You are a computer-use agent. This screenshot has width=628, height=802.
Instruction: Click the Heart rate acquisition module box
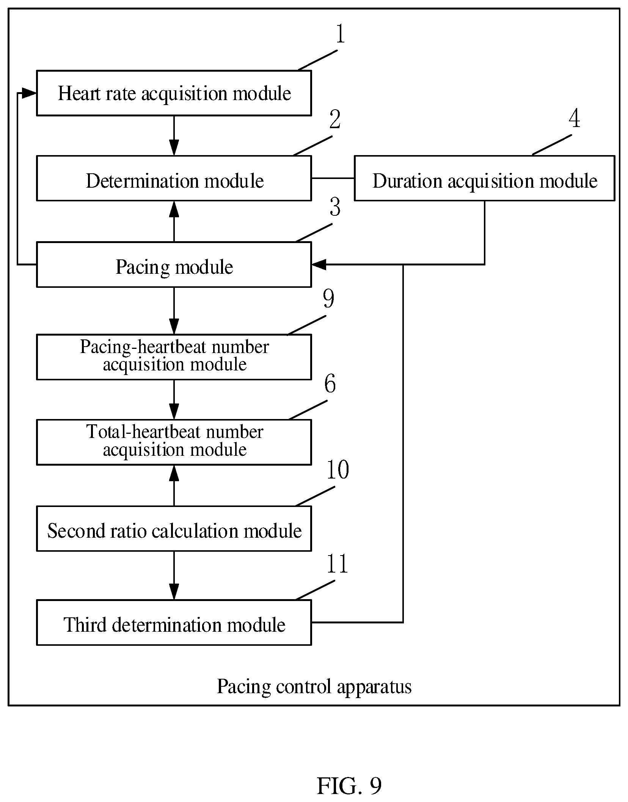(x=174, y=93)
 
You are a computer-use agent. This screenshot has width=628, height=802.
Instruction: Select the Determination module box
(x=174, y=178)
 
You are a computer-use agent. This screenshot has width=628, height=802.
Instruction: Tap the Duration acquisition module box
(x=484, y=178)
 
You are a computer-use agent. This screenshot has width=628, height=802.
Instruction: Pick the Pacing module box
(x=174, y=264)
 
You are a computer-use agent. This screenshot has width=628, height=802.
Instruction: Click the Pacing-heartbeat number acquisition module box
(x=174, y=357)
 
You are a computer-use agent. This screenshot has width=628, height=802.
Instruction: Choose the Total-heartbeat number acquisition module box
(x=174, y=442)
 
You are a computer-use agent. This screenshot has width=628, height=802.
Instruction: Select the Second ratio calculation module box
(x=174, y=528)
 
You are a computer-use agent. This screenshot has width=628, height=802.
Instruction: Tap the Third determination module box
(x=174, y=622)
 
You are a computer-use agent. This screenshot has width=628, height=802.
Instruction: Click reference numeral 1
(x=340, y=33)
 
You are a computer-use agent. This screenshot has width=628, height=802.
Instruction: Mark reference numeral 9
(x=328, y=298)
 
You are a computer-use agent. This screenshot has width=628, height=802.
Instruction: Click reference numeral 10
(x=338, y=469)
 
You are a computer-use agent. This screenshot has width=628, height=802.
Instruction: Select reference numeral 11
(x=337, y=564)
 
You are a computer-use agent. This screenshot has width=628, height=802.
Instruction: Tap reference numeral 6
(x=330, y=383)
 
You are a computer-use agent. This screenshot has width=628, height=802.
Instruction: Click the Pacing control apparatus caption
(x=314, y=687)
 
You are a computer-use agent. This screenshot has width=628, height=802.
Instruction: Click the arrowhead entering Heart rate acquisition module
(x=29, y=93)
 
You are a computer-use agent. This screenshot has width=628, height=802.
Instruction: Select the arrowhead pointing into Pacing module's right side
(x=319, y=264)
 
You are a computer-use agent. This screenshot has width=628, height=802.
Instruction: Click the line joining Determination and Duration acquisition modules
(x=333, y=178)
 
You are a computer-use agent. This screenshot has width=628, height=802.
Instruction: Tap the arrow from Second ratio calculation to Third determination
(x=174, y=575)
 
